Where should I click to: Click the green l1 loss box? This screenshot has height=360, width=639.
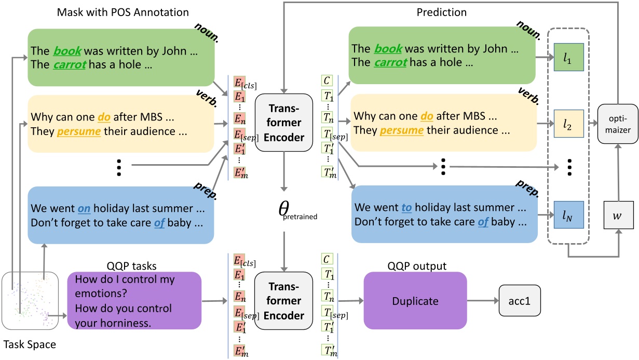click(568, 57)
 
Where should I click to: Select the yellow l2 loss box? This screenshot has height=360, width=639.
click(568, 124)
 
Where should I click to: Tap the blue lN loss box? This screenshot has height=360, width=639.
click(568, 215)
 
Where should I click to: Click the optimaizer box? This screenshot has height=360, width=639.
click(618, 124)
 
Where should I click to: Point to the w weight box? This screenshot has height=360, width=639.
click(618, 215)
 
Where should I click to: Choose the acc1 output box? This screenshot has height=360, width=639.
click(520, 300)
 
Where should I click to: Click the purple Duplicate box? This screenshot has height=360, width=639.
click(415, 301)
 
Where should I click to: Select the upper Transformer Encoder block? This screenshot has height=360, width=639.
click(284, 123)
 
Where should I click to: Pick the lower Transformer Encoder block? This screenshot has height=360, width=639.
click(284, 301)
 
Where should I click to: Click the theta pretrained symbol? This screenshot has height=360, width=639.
click(297, 210)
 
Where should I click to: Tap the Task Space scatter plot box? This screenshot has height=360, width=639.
click(30, 301)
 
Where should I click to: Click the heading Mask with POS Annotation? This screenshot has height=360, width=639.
click(123, 12)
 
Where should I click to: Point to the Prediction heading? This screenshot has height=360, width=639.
click(442, 12)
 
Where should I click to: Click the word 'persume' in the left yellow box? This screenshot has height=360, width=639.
click(79, 131)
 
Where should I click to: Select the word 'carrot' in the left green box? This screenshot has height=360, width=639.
click(70, 64)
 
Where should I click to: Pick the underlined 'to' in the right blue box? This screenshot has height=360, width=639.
click(406, 208)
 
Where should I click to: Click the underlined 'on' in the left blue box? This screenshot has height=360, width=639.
click(84, 208)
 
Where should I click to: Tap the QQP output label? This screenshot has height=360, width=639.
click(417, 266)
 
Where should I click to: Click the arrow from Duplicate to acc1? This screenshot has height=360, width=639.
click(483, 300)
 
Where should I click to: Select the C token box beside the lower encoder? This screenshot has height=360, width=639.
click(327, 259)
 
